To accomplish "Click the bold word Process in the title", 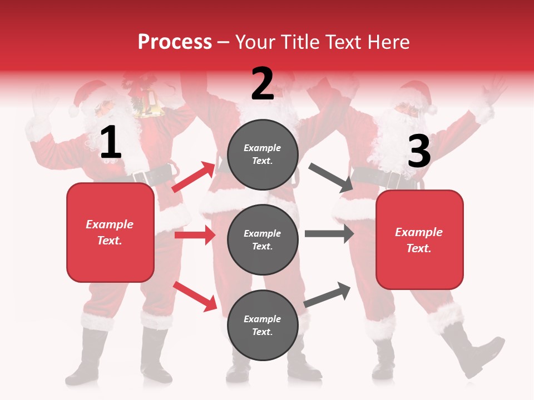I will tap(175, 42).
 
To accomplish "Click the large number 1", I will tap(111, 143).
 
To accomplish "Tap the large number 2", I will tap(263, 83).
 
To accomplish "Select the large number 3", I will tap(419, 151).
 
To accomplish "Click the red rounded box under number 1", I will tap(110, 232).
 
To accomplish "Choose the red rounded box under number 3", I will tap(419, 240).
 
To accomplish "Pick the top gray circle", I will tap(263, 154).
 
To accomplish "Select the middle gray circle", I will tap(263, 239).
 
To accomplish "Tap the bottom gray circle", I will tap(263, 325).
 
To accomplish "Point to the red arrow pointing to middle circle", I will tap(195, 235).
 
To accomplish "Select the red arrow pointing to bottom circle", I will tap(195, 296).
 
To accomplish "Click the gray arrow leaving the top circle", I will tap(331, 177).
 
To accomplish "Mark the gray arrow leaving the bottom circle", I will tap(328, 294).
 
